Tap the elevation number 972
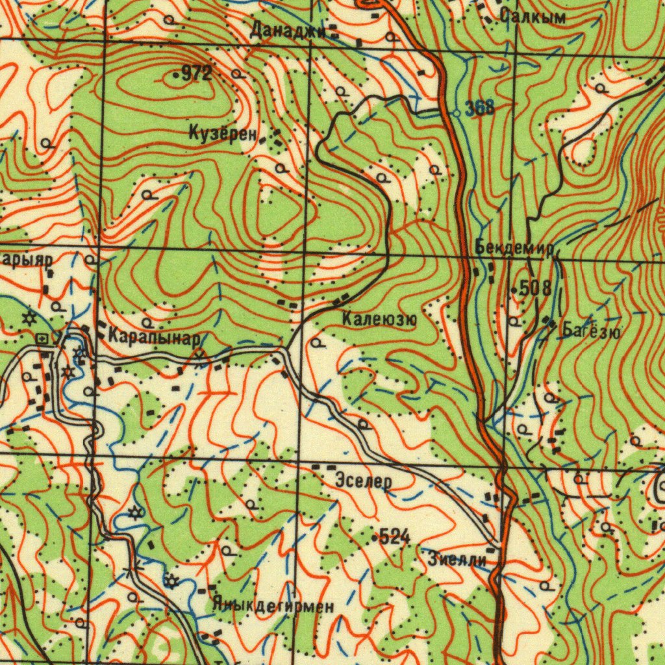point(197,74)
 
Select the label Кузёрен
point(222,134)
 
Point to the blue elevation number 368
point(481,108)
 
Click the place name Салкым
point(533,18)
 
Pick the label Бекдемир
point(513,248)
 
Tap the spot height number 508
point(536,288)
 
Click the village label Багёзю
point(591,332)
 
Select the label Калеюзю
point(379,319)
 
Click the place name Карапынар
point(155,337)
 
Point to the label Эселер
point(364,482)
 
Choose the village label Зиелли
point(457,557)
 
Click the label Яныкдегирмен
point(273,607)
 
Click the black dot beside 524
point(375,538)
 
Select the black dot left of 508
point(513,288)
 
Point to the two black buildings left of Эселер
point(323,467)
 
